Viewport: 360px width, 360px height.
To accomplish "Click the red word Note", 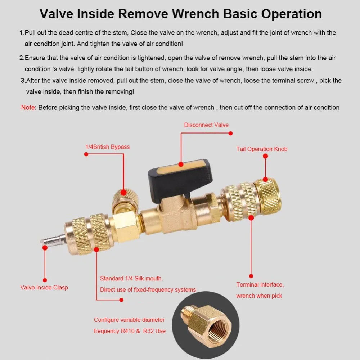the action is coord(28,107).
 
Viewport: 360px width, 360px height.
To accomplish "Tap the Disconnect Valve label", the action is coord(206,125).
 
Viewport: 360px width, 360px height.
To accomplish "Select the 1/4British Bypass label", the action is coord(107,147).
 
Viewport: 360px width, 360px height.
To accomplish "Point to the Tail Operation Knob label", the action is coord(262,149).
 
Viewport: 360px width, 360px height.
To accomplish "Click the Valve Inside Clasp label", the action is coord(44,287).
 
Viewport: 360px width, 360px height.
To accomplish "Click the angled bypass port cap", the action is coord(125,200).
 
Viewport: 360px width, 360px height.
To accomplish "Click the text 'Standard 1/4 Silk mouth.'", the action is coord(131,279).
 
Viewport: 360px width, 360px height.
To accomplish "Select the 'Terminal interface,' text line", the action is coord(260,285).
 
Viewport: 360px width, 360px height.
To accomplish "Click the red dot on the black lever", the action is coord(181,165).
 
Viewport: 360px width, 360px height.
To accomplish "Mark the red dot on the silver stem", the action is coord(45,248).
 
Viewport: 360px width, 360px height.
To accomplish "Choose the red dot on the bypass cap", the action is coord(123,192).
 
